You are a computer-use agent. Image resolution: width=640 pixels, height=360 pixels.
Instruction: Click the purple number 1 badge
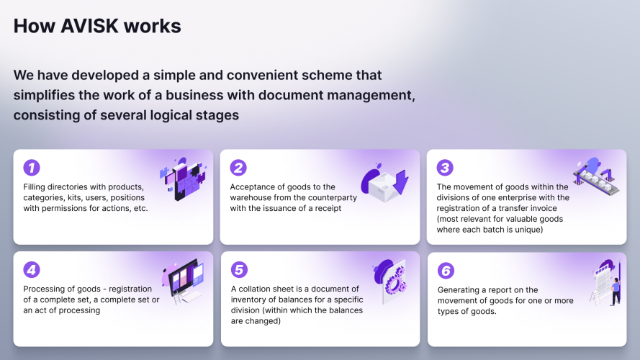(x=32, y=168)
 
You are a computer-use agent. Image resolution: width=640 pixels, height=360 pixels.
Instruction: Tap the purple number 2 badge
(x=238, y=168)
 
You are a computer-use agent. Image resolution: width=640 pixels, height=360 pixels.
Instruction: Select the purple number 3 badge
(x=446, y=168)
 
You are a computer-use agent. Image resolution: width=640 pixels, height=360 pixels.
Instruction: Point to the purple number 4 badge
(x=32, y=270)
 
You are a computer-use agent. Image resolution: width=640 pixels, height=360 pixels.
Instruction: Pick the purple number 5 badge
(x=238, y=270)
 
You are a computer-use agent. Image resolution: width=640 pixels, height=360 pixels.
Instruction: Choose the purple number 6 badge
(x=446, y=271)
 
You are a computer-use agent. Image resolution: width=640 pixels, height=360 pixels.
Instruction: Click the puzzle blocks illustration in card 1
(x=181, y=178)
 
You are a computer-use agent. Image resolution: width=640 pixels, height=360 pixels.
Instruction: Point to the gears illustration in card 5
(x=389, y=278)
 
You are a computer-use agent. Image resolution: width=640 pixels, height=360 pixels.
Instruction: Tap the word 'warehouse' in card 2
(x=253, y=198)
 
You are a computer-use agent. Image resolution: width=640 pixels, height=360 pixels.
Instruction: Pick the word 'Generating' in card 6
(x=459, y=290)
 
